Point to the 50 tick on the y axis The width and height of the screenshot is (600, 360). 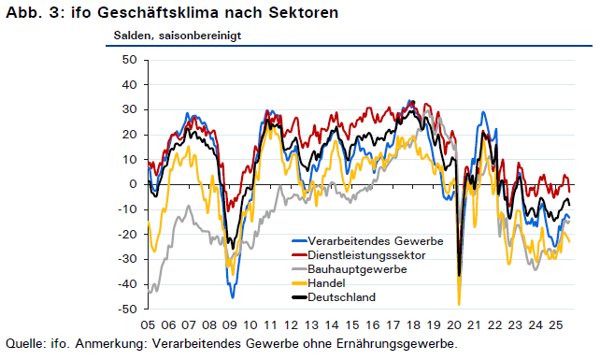pos(129,60)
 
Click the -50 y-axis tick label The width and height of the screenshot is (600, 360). pos(127,310)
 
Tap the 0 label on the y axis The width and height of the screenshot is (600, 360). pos(133,184)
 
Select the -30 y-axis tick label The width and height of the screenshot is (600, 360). pos(127,259)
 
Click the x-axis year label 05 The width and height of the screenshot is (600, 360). pos(148,325)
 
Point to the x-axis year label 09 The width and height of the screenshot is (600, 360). pos(230,325)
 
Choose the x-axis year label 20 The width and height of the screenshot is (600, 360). pos(454,325)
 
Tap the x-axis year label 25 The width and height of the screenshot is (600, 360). pos(556,325)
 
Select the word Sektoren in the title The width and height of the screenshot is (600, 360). pos(304,12)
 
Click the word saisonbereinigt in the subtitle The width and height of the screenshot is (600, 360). pos(200,36)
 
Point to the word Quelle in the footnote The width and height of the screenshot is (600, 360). pos(24,343)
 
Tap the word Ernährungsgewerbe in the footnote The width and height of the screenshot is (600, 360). pos(397,344)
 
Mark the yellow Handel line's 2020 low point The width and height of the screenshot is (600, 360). pos(459,305)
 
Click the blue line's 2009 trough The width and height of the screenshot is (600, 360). pos(233,297)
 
